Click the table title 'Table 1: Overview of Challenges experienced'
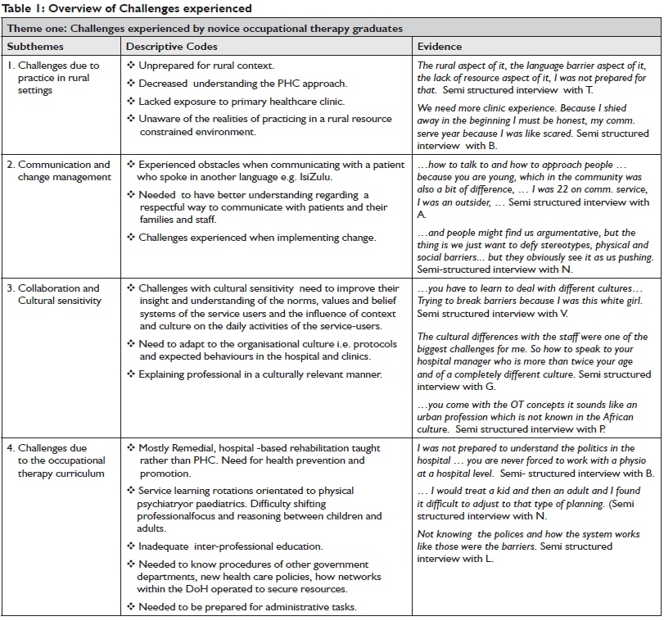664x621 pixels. [128, 8]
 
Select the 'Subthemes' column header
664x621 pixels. [34, 47]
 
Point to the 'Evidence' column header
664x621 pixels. [440, 47]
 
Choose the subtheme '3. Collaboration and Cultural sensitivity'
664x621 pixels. [59, 294]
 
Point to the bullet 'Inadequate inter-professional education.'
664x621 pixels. [230, 546]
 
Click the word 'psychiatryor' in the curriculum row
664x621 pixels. [169, 503]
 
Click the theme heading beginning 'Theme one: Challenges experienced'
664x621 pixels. [205, 28]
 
